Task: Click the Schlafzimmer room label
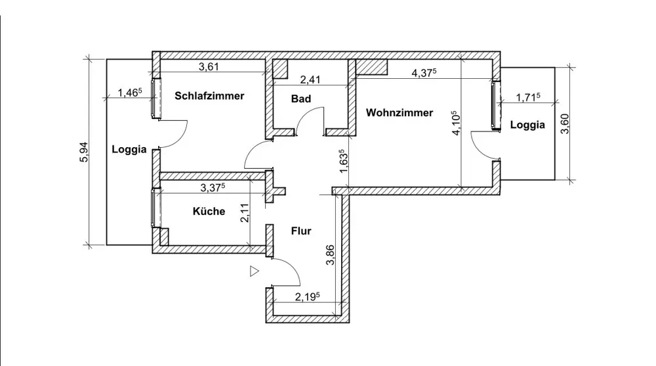coord(209,96)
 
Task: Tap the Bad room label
coord(301,99)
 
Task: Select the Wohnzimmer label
coord(400,113)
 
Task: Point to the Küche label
coord(209,212)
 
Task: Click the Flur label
coord(300,231)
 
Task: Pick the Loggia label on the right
coord(527,126)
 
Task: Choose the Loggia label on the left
coord(129,149)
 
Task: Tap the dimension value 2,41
coord(310,80)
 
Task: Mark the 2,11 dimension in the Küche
coord(244,213)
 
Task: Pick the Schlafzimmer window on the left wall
coord(155,99)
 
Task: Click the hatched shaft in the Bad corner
coord(281,69)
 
